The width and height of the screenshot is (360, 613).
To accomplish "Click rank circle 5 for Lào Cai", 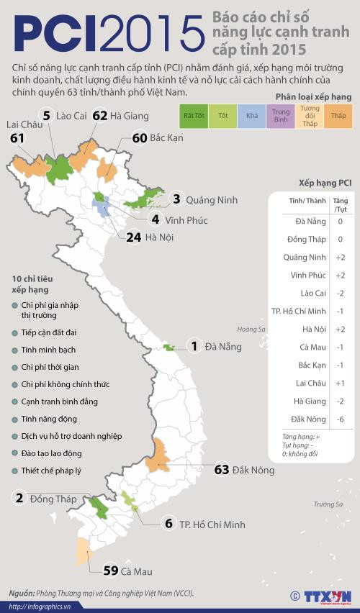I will click(x=46, y=115).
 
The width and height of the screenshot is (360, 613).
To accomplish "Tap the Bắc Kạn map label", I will click(x=167, y=137).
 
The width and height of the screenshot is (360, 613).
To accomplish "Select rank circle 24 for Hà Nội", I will click(x=132, y=236).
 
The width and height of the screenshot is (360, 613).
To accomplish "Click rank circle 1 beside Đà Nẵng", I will click(x=193, y=346).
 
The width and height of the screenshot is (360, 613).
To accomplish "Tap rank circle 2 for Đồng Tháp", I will click(x=19, y=498).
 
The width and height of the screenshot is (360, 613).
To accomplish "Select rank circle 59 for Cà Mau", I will click(x=111, y=571).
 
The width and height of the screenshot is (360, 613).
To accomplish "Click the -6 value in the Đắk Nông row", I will click(x=340, y=419).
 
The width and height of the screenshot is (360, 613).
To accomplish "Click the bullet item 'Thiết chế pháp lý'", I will click(x=51, y=470).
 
